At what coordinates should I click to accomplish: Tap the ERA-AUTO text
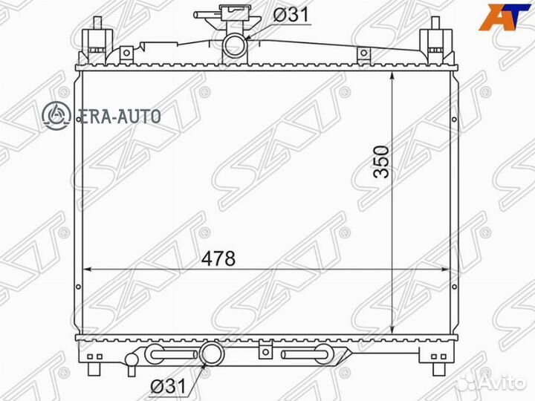click(117, 116)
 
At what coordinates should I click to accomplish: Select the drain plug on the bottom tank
click(131, 361)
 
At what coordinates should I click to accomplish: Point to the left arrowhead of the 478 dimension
click(85, 269)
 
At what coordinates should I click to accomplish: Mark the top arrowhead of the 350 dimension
click(392, 76)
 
